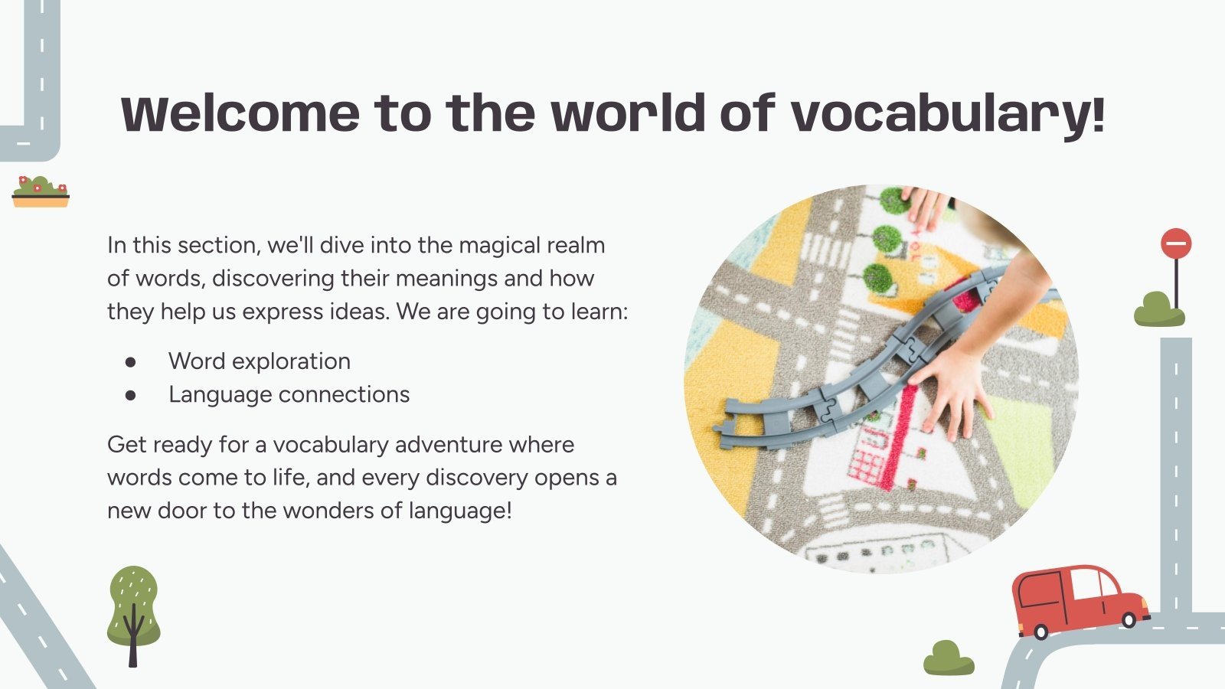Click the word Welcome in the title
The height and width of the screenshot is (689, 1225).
point(240,113)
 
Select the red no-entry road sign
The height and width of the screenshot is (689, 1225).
point(1176,244)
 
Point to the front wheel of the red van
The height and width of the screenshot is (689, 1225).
point(1129,619)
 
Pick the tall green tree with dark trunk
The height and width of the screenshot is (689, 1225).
point(133,612)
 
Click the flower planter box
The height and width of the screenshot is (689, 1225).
point(41,193)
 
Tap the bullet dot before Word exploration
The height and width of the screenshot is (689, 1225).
point(130,361)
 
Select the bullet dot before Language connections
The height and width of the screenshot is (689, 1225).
point(130,395)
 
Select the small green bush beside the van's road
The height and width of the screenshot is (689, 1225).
point(949,658)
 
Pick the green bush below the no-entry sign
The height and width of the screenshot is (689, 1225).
point(1159,309)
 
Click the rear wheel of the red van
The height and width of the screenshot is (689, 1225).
point(1040,632)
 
